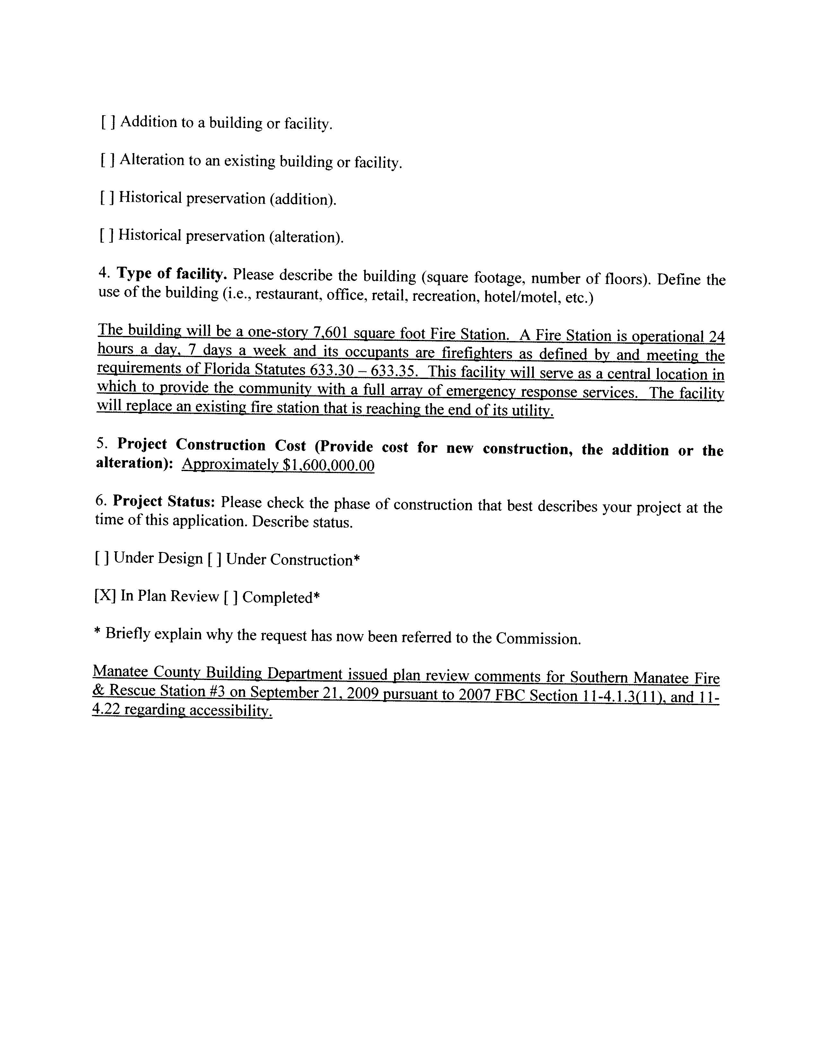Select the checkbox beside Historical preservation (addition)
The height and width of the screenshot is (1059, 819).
(x=107, y=197)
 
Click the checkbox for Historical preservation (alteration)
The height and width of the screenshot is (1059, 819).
(x=106, y=235)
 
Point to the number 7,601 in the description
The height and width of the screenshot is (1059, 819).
(x=331, y=334)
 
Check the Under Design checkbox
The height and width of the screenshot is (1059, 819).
(x=101, y=559)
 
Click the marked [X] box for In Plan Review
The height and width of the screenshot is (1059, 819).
(x=105, y=596)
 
